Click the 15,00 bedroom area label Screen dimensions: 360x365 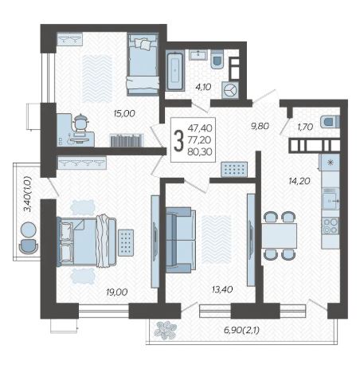coord(124,113)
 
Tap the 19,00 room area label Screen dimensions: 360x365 coord(117,292)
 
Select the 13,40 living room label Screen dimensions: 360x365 coord(222,289)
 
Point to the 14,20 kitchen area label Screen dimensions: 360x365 coord(299,181)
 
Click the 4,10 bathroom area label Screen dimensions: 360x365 coord(203,87)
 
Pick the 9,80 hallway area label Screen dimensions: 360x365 coord(260,126)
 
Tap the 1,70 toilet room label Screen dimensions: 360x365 coord(305,127)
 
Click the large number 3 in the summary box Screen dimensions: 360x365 coord(178,140)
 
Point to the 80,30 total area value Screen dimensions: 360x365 coord(200,151)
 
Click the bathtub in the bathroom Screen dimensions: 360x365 coord(175,70)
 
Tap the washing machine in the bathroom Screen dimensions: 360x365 coord(230,90)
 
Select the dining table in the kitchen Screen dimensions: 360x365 coord(279,236)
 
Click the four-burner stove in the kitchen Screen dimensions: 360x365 coord(331,226)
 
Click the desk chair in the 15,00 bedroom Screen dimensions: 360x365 coord(81,123)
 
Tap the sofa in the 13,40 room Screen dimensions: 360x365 coord(181,240)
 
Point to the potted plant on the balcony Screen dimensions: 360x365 coord(165,330)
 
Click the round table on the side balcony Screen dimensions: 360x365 coord(28,230)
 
